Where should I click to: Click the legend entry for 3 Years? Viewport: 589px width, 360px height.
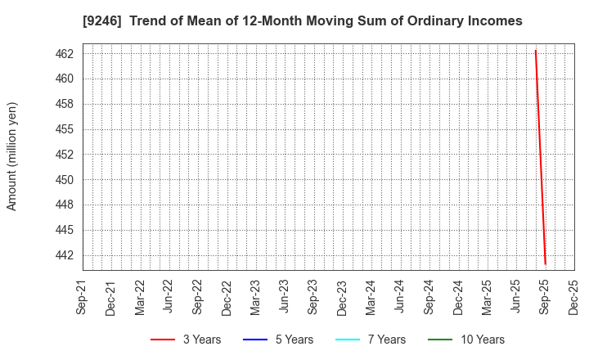point(186,340)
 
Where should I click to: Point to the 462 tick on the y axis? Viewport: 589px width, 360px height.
point(65,54)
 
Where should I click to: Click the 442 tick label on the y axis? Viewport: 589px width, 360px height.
point(65,255)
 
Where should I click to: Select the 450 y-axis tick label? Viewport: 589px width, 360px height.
point(65,179)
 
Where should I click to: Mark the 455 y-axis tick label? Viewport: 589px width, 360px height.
point(65,129)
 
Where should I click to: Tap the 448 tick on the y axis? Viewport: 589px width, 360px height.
point(65,205)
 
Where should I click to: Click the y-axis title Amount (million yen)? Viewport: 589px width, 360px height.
point(12,156)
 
